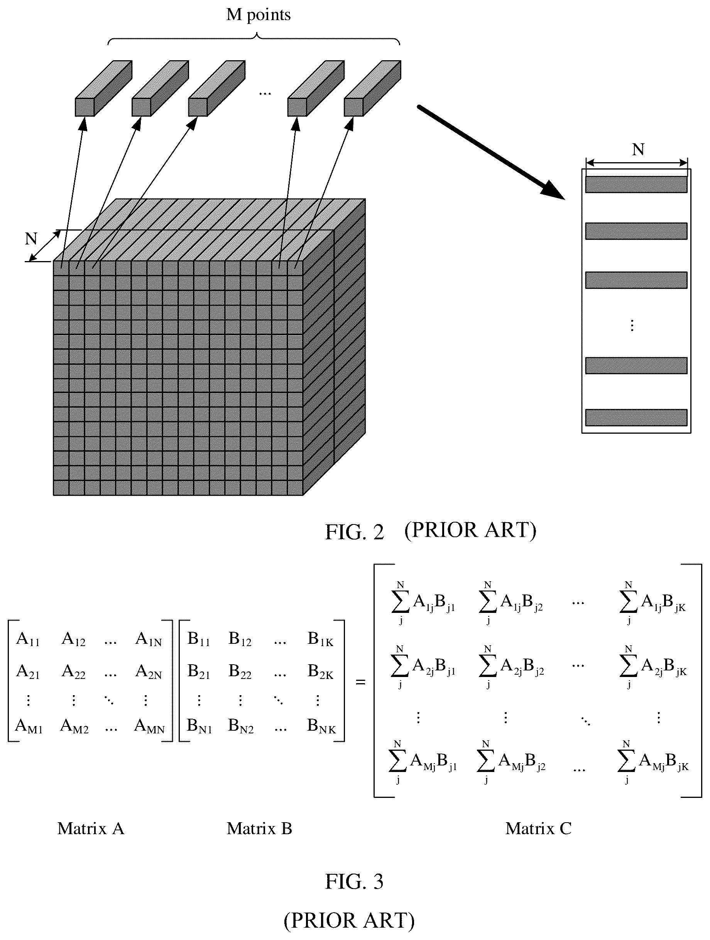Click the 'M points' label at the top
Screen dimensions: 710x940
pos(258,15)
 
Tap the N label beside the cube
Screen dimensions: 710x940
pos(31,239)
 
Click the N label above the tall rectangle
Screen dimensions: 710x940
pos(638,149)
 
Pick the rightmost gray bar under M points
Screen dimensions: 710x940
pos(372,88)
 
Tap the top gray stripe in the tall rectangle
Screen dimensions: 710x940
pos(636,185)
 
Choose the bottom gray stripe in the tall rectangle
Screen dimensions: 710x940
pos(636,417)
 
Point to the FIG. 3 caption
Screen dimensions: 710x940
pos(354,881)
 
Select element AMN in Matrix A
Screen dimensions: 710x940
pos(149,726)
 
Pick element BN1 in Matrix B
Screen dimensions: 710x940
pos(199,726)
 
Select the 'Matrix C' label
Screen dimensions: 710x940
pos(538,829)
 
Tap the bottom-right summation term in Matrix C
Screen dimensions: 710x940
pos(653,761)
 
